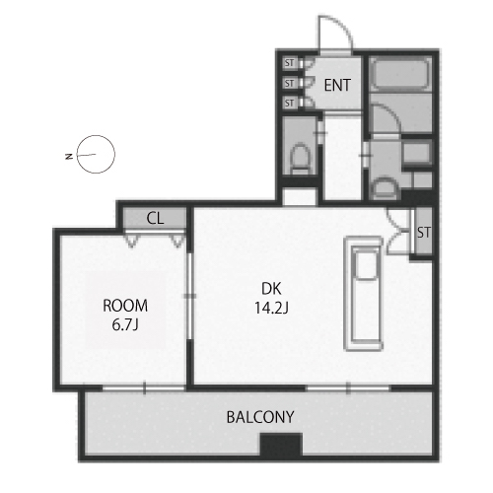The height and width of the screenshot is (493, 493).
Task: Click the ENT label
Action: pyautogui.click(x=337, y=85)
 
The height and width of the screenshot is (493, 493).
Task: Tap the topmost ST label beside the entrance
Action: pyautogui.click(x=289, y=62)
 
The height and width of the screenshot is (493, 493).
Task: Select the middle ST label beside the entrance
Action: pyautogui.click(x=289, y=83)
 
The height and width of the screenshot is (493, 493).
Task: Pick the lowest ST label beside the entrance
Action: pyautogui.click(x=289, y=104)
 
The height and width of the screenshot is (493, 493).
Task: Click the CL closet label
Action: pyautogui.click(x=155, y=218)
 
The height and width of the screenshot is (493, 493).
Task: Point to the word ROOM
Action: pyautogui.click(x=125, y=306)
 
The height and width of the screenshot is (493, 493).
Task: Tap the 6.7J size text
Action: pyautogui.click(x=125, y=324)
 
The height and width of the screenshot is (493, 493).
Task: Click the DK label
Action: pyautogui.click(x=271, y=289)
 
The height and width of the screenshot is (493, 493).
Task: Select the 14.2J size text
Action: pyautogui.click(x=271, y=308)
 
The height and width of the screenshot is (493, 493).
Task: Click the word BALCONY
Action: pyautogui.click(x=260, y=417)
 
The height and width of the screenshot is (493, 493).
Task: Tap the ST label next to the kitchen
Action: pyautogui.click(x=423, y=233)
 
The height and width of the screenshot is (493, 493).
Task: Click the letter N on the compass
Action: pyautogui.click(x=69, y=157)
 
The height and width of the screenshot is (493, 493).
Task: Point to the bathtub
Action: pyautogui.click(x=400, y=74)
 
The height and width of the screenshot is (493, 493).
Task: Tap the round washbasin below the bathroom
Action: pyautogui.click(x=385, y=188)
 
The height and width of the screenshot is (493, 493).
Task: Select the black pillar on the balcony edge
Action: pyautogui.click(x=281, y=445)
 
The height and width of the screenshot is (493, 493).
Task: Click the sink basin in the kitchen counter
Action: pyautogui.click(x=365, y=265)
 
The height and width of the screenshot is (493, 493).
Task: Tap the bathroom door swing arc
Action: pyautogui.click(x=387, y=115)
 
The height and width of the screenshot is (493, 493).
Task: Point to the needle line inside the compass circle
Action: pyautogui.click(x=87, y=155)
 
